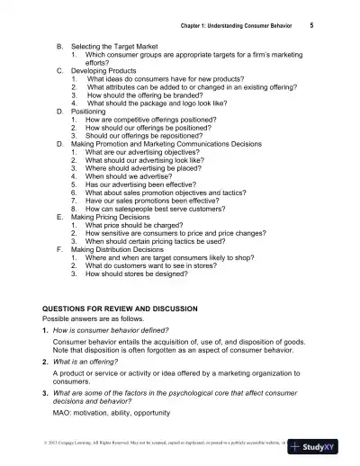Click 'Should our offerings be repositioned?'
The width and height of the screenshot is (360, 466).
coord(151,135)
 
